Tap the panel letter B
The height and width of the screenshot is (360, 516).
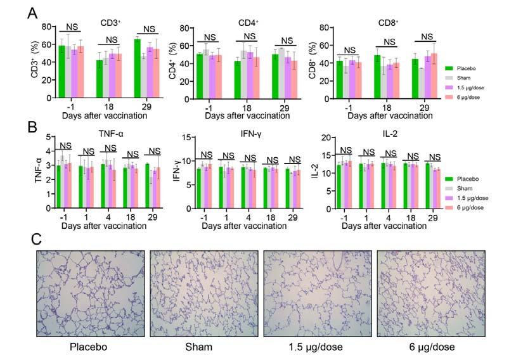click(x=30, y=126)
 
